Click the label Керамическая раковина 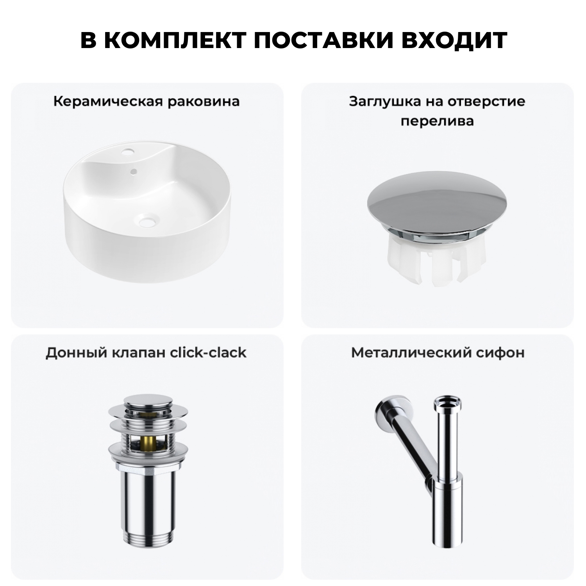coord(146,102)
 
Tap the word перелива coord(437,121)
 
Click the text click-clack coord(208,353)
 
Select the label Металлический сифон coord(438,353)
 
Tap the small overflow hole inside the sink coord(134,171)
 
